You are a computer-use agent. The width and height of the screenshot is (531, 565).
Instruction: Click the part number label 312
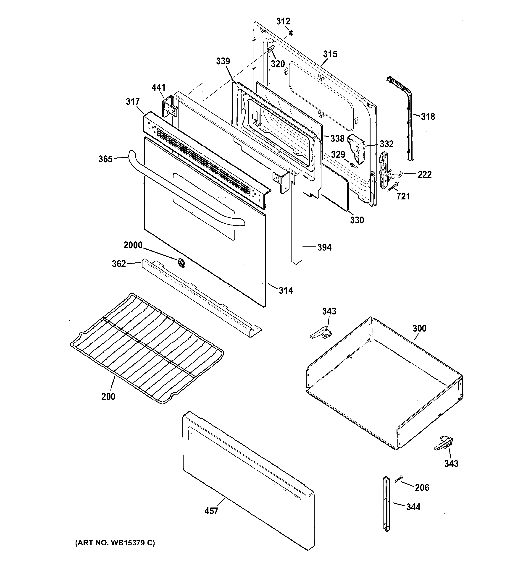pyautogui.click(x=283, y=21)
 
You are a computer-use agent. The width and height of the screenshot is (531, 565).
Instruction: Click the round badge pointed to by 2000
pyautogui.click(x=181, y=263)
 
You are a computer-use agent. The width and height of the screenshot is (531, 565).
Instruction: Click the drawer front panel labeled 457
pyautogui.click(x=247, y=480)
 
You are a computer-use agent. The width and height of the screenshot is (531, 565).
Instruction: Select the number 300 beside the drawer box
pyautogui.click(x=419, y=328)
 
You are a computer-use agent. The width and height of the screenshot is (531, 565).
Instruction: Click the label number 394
pyautogui.click(x=324, y=247)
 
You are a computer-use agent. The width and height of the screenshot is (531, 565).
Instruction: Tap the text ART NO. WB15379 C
pyautogui.click(x=115, y=543)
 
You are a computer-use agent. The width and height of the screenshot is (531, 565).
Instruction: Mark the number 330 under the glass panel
pyautogui.click(x=357, y=220)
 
